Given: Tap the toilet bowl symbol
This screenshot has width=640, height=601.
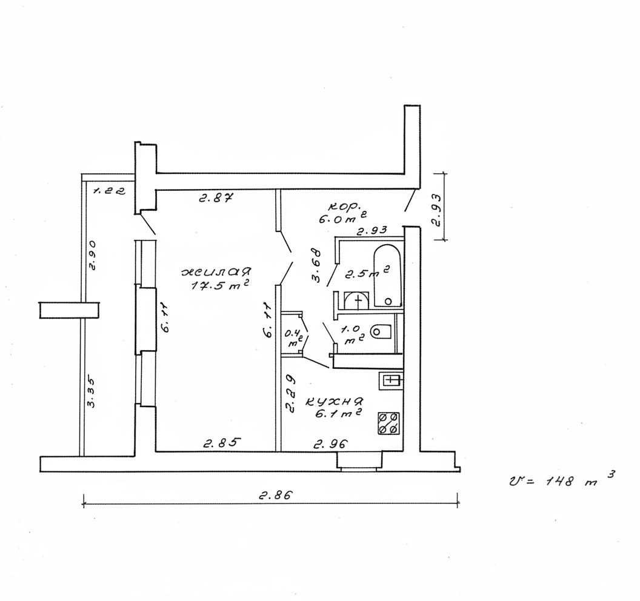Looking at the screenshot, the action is click(x=381, y=331).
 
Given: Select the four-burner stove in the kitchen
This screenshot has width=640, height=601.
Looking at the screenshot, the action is click(x=388, y=423).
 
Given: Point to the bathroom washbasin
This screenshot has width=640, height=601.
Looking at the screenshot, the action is click(x=357, y=301).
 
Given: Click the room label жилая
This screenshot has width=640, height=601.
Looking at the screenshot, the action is click(x=217, y=272).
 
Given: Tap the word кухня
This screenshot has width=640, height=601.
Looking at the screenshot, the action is click(x=335, y=402).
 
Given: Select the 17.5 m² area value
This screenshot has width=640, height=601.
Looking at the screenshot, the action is click(x=220, y=285).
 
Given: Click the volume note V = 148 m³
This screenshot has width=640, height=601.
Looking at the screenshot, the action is click(x=562, y=480).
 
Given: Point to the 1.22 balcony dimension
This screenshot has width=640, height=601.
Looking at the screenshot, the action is click(x=109, y=191).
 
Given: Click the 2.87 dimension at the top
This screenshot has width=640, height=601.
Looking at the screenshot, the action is click(x=216, y=198).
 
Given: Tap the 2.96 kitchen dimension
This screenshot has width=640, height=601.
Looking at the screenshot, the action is click(x=331, y=443).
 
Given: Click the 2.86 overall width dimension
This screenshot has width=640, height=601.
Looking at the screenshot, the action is click(x=276, y=496).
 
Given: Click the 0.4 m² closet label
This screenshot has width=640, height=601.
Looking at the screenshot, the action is click(x=294, y=337).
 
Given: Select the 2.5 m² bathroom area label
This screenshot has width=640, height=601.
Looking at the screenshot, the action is click(x=366, y=273).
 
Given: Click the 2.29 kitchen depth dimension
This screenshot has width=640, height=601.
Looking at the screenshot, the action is click(x=290, y=394).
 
